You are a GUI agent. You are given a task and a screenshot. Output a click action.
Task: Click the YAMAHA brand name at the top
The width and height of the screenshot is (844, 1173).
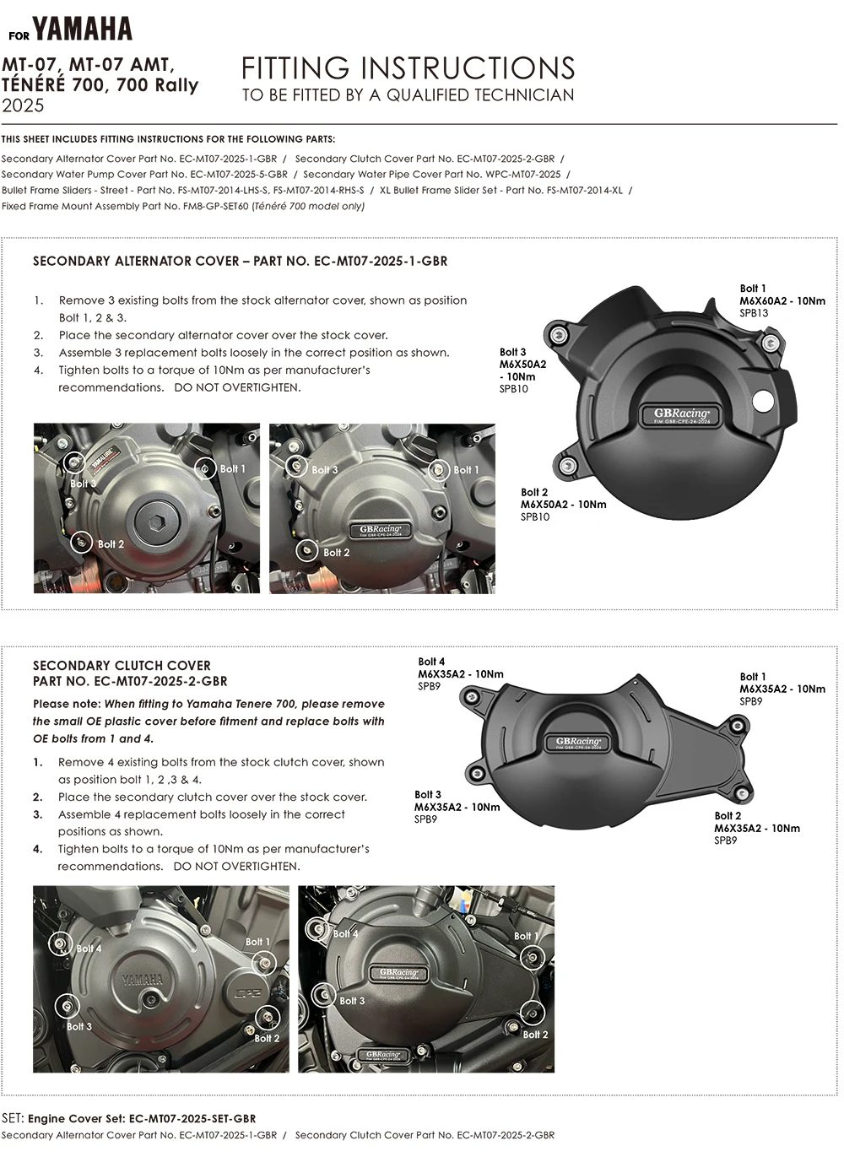83,30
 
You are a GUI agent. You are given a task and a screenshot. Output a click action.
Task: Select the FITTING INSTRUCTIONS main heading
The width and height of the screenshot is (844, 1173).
408,68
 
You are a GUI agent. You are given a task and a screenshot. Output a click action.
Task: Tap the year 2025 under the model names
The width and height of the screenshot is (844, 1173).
23,105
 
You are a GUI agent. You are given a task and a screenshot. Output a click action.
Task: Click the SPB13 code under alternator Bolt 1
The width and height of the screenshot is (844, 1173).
754,313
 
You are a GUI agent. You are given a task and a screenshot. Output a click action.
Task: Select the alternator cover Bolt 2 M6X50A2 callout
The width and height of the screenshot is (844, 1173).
563,504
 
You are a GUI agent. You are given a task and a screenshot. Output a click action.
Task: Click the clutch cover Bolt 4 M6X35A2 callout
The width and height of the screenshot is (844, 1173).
460,674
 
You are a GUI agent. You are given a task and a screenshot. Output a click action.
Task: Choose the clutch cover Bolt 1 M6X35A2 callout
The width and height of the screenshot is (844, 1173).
782,689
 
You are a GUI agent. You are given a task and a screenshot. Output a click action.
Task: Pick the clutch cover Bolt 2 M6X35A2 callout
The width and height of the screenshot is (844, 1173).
757,828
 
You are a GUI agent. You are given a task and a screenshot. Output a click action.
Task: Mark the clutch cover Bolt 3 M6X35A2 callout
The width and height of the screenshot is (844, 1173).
457,807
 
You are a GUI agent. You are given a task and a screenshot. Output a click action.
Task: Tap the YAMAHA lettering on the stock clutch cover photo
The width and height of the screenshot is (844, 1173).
142,979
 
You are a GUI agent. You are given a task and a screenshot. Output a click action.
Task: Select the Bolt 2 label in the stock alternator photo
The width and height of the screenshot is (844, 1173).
111,544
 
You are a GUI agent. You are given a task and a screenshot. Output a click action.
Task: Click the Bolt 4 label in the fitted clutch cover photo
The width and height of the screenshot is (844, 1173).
345,933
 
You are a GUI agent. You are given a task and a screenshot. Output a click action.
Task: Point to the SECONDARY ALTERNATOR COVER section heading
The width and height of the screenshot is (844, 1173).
240,262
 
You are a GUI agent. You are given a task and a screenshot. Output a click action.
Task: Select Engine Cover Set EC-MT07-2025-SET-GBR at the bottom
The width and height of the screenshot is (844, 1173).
142,1118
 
